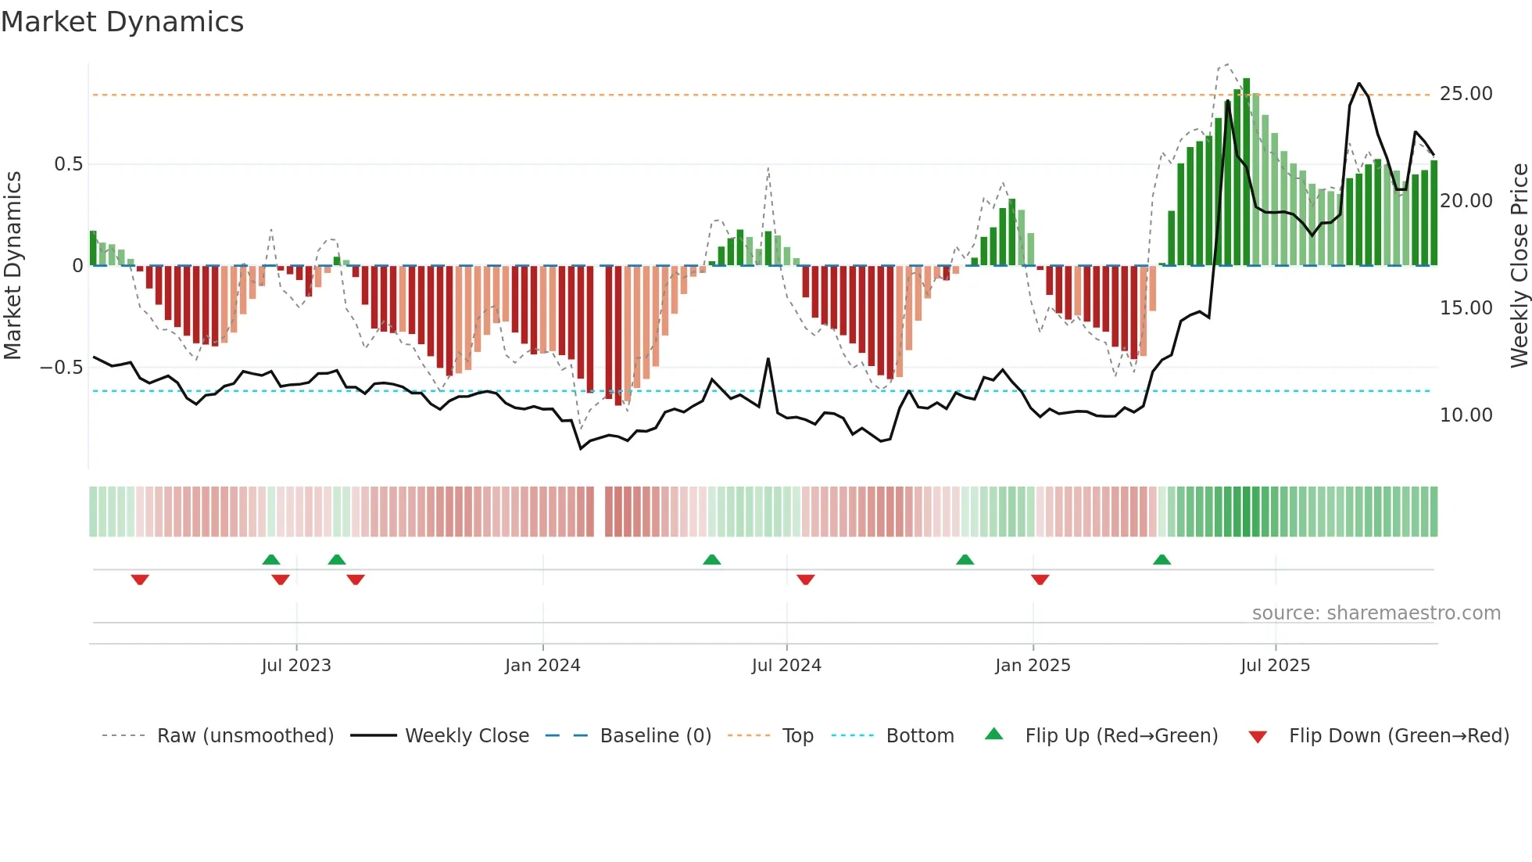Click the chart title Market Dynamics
click(x=122, y=22)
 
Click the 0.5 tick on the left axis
click(x=68, y=164)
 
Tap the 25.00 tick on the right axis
click(x=1466, y=94)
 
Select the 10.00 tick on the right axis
click(x=1466, y=415)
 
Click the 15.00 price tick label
click(x=1466, y=308)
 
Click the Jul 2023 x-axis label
click(x=296, y=666)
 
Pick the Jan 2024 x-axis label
click(x=542, y=666)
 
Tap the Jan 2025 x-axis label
click(x=1033, y=666)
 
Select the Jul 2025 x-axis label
click(x=1275, y=666)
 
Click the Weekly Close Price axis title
click(x=1519, y=266)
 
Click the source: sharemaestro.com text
click(x=1376, y=613)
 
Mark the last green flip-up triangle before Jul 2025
click(x=1162, y=559)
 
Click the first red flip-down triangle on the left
click(x=140, y=580)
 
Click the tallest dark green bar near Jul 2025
click(x=1247, y=172)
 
